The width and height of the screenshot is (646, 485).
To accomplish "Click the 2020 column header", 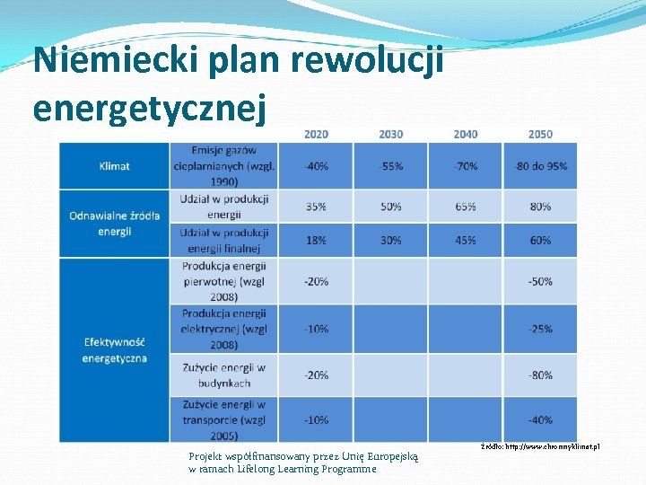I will coord(316,135).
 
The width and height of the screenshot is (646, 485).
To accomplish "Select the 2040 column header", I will coord(466,135).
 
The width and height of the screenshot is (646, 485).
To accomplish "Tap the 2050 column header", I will coord(540,135).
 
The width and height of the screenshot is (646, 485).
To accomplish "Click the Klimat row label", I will coord(114,166).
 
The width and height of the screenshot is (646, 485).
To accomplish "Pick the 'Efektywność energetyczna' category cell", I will coord(114,350).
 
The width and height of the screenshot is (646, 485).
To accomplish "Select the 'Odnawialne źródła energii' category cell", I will coord(114,223).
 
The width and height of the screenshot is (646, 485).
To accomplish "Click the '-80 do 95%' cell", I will coord(540,166).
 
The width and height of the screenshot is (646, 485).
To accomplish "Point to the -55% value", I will coord(390,166).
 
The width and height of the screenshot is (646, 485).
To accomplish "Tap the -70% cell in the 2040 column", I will coord(466,166).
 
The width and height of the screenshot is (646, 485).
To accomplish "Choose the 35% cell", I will coord(316,207).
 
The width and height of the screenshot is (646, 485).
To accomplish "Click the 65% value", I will coord(466,207).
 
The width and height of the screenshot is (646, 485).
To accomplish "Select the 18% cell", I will coord(316,241).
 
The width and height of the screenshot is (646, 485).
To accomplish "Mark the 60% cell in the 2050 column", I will coord(540,241).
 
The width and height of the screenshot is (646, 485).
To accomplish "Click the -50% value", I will coord(540,281).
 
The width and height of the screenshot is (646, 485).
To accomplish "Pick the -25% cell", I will coord(540,329).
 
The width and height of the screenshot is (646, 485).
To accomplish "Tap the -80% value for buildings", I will coord(540,375).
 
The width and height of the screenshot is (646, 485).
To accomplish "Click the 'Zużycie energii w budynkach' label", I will coord(223,375).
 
